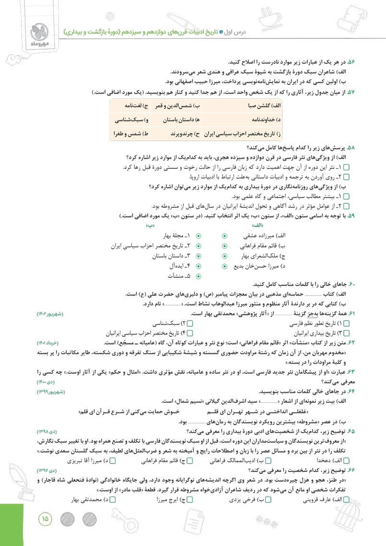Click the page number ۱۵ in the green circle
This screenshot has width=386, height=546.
tap(46, 518)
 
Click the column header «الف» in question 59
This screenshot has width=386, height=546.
tap(257, 225)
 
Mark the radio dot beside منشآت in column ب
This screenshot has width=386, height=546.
tap(199, 276)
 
